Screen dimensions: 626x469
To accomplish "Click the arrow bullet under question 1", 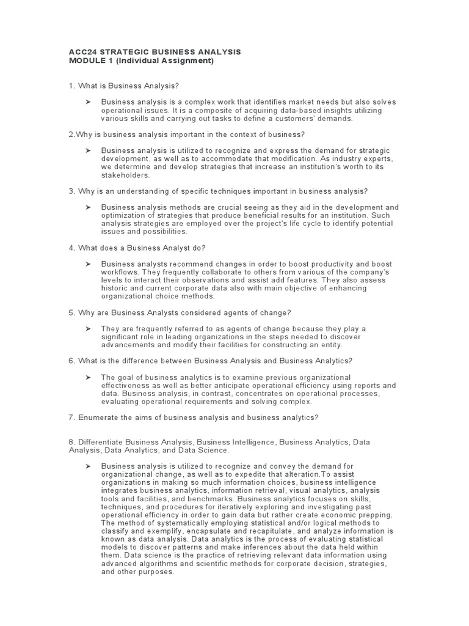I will (x=88, y=102).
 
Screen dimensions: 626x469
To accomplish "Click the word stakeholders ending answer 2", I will (x=125, y=174).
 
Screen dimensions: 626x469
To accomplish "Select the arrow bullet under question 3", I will (x=88, y=207).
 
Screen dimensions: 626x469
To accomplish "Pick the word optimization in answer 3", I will (x=123, y=216).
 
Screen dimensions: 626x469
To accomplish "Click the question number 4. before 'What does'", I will (x=72, y=248).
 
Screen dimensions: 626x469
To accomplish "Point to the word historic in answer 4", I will (x=116, y=288).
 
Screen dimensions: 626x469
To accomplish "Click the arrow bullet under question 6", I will (x=88, y=377).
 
